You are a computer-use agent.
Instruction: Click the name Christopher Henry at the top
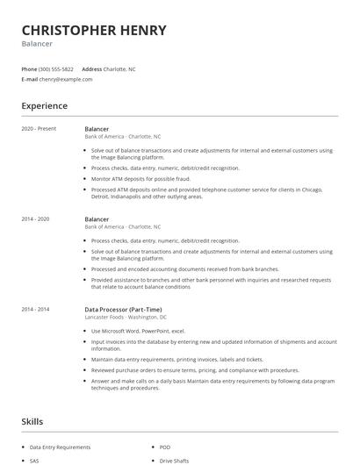pos(94,30)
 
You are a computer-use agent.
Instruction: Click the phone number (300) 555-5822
pos(56,68)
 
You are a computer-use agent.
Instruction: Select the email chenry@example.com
pos(66,79)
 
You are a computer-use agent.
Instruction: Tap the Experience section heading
pos(45,106)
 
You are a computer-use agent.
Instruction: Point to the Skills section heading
pos(32,422)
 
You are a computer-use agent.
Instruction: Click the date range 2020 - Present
pos(39,128)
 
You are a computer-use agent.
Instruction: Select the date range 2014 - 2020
pos(36,218)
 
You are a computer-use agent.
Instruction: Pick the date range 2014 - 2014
pos(36,309)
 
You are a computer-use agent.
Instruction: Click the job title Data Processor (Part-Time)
pos(122,309)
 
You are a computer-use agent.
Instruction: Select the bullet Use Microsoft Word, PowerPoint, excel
pos(139,331)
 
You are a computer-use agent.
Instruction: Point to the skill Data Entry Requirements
pos(61,447)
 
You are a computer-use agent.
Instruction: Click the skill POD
pos(165,447)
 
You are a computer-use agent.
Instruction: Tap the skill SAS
pos(35,461)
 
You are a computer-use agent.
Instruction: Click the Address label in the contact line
pos(91,68)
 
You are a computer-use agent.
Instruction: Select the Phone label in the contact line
pos(29,68)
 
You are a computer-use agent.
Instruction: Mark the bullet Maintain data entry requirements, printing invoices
pos(176,359)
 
